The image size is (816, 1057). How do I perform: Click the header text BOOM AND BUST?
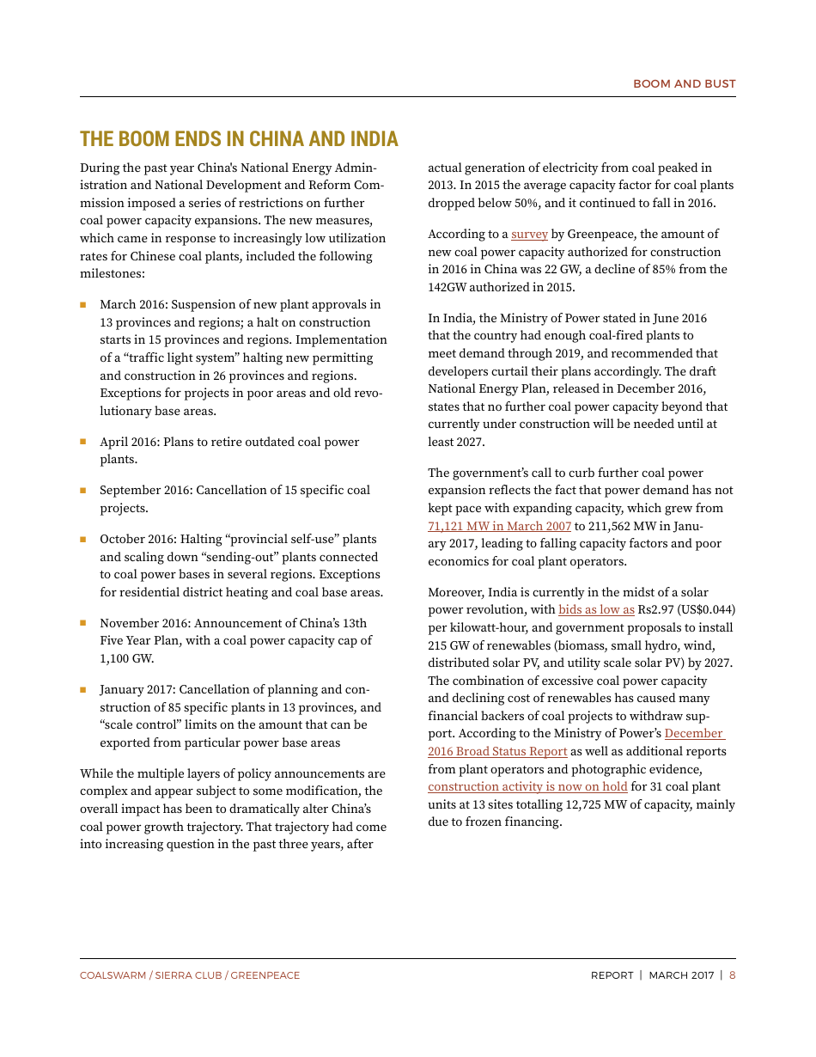coord(684,83)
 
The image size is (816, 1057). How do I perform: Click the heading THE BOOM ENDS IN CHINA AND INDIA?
coord(239,139)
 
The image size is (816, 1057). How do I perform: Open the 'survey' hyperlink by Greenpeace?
coord(529,234)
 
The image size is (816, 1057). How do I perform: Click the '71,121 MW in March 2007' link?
coord(499,526)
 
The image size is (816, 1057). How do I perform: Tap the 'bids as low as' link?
coord(596,610)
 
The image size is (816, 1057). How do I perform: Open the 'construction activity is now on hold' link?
coord(527,786)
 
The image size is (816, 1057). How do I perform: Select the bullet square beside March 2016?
coord(83,305)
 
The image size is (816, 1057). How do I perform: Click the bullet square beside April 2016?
coord(83,442)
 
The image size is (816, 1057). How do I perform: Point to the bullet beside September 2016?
coord(83,491)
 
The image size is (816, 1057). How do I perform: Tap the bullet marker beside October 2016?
coord(83,540)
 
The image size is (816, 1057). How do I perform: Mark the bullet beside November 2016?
coord(83,623)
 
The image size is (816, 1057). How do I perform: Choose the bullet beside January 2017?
coord(83,689)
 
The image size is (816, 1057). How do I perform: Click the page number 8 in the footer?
coord(732,975)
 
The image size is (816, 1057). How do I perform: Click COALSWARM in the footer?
coord(113,975)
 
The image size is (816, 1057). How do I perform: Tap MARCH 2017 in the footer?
coord(681,975)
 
